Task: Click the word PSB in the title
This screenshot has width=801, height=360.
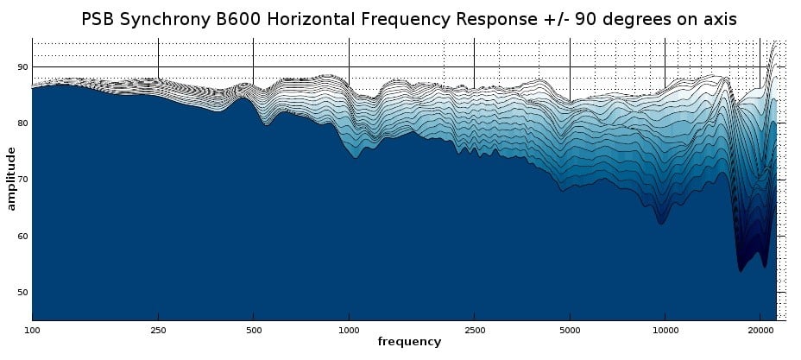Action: tap(100, 19)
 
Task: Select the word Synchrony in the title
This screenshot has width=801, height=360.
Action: tap(167, 19)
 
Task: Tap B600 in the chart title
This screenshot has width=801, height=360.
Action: tap(239, 19)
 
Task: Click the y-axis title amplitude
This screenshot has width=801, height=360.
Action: tap(11, 179)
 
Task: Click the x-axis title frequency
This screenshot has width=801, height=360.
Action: tap(409, 342)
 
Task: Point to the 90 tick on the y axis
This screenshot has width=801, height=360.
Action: tap(22, 67)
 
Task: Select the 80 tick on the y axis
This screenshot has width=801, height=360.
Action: tap(22, 123)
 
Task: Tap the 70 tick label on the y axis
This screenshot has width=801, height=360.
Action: tap(22, 180)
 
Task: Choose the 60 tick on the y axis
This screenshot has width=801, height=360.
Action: tap(22, 236)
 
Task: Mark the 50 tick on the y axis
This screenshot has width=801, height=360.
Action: tap(22, 293)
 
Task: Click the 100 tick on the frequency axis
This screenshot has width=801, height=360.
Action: tap(32, 329)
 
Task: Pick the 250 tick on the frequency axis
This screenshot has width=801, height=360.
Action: tap(158, 329)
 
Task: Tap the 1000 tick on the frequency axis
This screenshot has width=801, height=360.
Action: tap(349, 329)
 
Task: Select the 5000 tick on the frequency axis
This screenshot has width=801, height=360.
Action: tap(570, 329)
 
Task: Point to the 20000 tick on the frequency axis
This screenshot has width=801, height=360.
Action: tap(760, 329)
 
